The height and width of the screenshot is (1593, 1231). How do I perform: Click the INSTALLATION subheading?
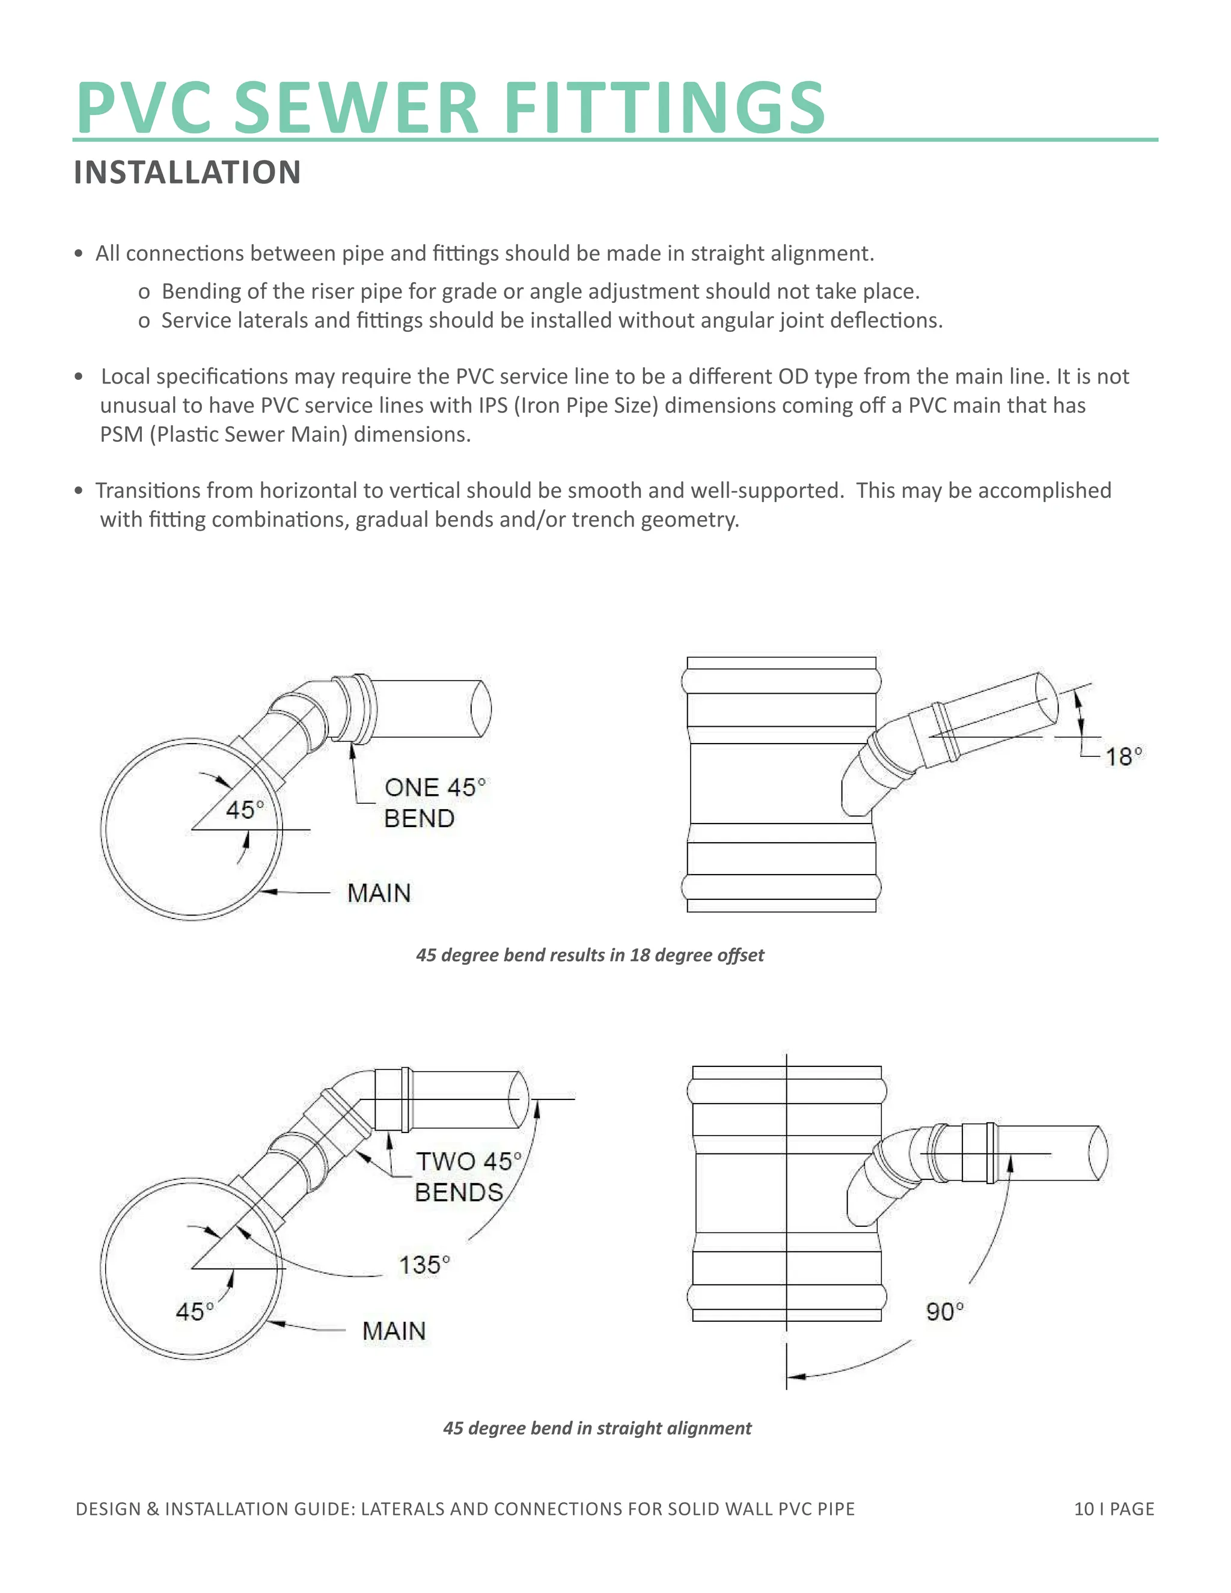click(x=188, y=173)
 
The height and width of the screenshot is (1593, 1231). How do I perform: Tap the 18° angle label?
click(x=1123, y=756)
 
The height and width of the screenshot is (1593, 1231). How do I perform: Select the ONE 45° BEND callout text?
click(x=433, y=803)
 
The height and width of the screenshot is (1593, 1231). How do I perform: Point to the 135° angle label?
click(x=424, y=1265)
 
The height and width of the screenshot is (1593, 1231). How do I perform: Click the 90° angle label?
click(x=944, y=1312)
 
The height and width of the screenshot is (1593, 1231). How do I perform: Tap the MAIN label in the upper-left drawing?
click(x=379, y=893)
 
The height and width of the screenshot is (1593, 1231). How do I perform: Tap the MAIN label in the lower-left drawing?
click(x=394, y=1331)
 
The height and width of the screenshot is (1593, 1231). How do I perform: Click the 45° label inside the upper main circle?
click(x=244, y=810)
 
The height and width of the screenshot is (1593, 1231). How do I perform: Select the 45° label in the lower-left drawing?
click(x=195, y=1312)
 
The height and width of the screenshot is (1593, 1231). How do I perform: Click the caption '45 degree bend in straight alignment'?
click(x=596, y=1428)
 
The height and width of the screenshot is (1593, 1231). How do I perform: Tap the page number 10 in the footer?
click(x=1084, y=1509)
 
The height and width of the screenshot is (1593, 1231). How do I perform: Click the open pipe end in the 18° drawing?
click(x=1047, y=698)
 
